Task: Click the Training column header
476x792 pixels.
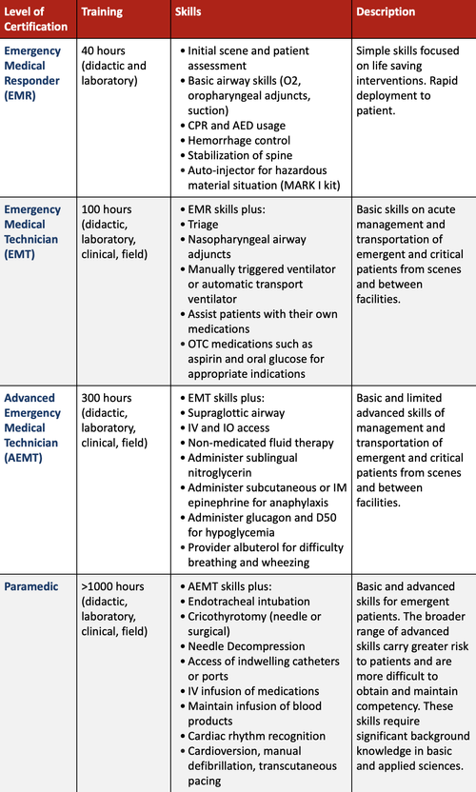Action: pos(103,12)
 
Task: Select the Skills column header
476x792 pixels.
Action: pos(188,12)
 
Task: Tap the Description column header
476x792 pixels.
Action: pos(386,12)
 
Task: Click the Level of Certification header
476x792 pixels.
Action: pos(36,19)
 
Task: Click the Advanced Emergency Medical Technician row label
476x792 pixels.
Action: pos(33,419)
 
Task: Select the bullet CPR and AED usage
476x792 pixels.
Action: pos(236,126)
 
